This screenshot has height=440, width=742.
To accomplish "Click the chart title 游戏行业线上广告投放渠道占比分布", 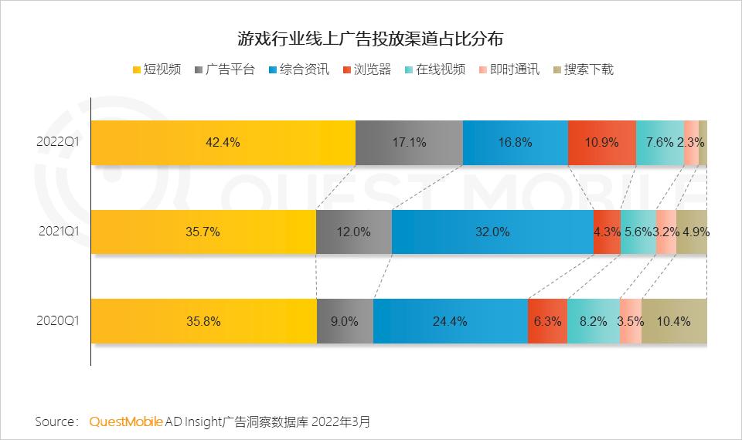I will (x=370, y=38).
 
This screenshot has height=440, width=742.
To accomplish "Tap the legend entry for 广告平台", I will (x=229, y=69).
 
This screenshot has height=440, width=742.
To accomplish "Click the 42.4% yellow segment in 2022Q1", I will (x=223, y=143).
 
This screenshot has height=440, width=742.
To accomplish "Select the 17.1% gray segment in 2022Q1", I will (x=409, y=143).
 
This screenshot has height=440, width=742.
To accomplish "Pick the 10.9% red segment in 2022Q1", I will (x=601, y=143).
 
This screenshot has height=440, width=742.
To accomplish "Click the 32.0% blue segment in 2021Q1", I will (x=492, y=232).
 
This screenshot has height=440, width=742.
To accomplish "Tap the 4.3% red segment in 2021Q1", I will (x=607, y=232).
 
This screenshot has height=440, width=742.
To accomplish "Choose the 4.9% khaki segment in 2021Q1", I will (x=692, y=232).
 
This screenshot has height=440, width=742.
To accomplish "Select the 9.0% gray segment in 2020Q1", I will (x=345, y=321).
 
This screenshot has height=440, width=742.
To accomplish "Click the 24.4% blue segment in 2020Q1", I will (x=450, y=321).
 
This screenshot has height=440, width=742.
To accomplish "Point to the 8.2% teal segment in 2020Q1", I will (x=593, y=321).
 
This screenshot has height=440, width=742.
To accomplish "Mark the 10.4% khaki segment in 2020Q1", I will (x=674, y=321).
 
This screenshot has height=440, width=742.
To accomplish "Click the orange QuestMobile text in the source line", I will (x=126, y=422).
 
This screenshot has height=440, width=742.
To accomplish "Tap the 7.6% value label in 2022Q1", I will (x=659, y=143).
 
